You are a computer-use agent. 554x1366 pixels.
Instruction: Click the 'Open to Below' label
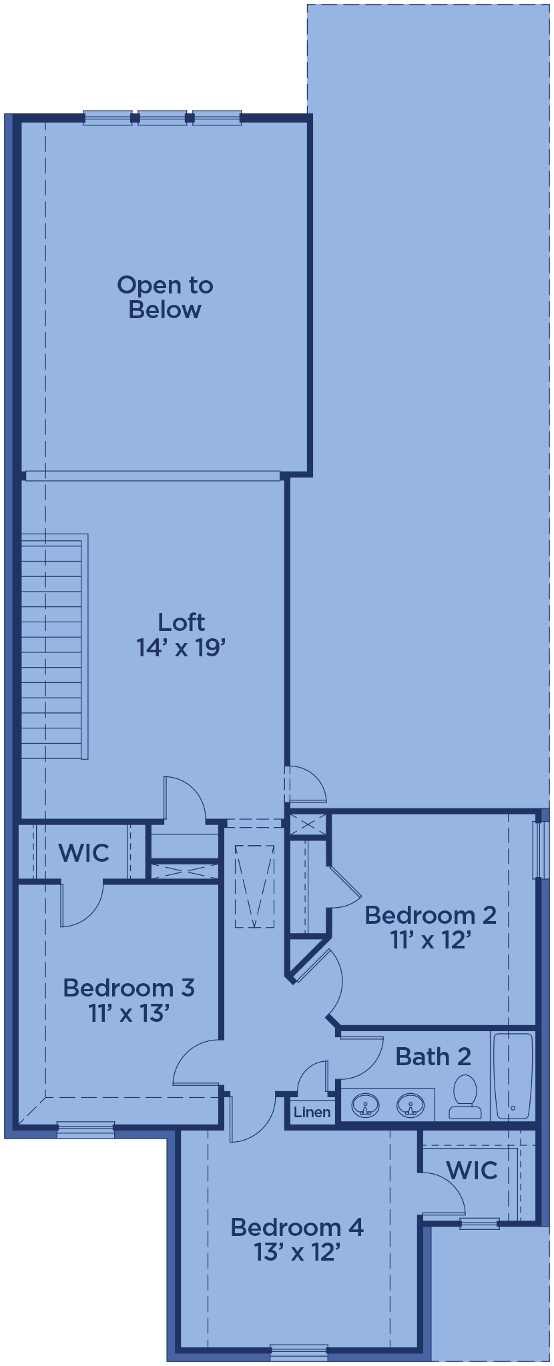tap(165, 297)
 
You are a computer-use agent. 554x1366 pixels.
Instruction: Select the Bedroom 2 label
tap(431, 927)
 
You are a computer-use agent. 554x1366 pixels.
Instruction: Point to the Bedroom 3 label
tap(129, 1000)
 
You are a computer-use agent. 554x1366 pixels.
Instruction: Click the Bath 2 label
tap(433, 1057)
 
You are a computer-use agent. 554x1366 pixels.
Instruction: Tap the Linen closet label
tap(312, 1112)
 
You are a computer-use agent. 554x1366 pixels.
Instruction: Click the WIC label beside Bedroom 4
tap(472, 1170)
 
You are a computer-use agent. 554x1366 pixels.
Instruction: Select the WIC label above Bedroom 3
tap(83, 852)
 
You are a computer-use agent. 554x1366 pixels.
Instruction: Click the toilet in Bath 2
tap(465, 1097)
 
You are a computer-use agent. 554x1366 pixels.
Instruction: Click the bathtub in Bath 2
tap(513, 1075)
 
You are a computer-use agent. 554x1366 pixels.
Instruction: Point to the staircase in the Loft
tap(55, 646)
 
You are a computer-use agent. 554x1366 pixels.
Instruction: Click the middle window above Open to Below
tap(162, 118)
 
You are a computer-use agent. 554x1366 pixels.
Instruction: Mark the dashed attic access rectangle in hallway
tap(254, 886)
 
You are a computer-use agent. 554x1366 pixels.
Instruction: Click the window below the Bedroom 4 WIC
tap(479, 1223)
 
